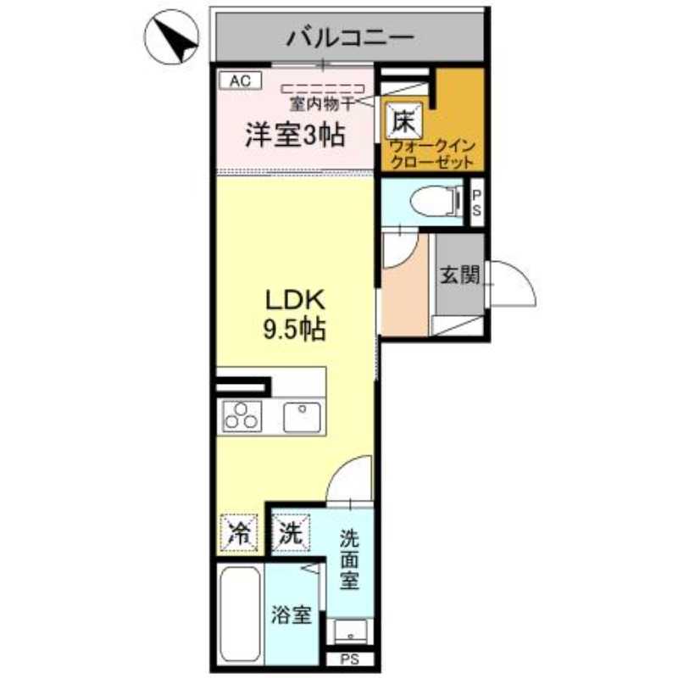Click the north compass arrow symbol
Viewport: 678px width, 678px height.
(x=174, y=39)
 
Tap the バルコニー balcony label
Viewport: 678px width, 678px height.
(x=349, y=37)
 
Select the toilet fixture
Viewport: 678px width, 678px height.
(x=428, y=202)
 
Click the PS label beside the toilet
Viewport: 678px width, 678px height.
(x=476, y=203)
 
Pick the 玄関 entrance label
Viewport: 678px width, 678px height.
(x=460, y=275)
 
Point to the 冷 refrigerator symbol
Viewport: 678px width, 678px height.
(x=241, y=533)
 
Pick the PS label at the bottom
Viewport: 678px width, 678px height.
(x=349, y=660)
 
